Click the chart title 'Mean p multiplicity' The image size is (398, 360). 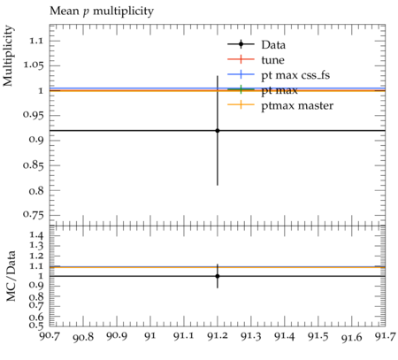pyautogui.click(x=102, y=11)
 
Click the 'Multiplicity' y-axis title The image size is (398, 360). pyautogui.click(x=8, y=56)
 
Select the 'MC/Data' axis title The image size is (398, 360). pyautogui.click(x=11, y=276)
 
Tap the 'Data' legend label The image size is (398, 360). pyautogui.click(x=273, y=45)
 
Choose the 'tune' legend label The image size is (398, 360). pyautogui.click(x=272, y=60)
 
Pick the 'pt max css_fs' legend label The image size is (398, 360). pyautogui.click(x=295, y=75)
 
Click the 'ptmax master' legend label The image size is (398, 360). pyautogui.click(x=297, y=105)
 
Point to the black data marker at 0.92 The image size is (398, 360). pyautogui.click(x=218, y=131)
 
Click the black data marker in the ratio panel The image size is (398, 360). pyautogui.click(x=218, y=276)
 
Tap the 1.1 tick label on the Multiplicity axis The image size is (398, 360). pyautogui.click(x=36, y=41)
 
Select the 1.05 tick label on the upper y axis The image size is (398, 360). pyautogui.click(x=34, y=65)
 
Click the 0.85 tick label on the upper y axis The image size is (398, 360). pyautogui.click(x=34, y=165)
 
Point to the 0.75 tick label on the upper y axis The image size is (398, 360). pyautogui.click(x=34, y=215)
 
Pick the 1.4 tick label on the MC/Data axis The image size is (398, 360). pyautogui.click(x=36, y=235)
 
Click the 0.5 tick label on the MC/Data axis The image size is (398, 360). pyautogui.click(x=36, y=326)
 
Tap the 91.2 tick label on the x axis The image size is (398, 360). pyautogui.click(x=218, y=336)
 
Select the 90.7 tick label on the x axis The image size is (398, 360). pyautogui.click(x=50, y=336)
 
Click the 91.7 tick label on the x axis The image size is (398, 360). pyautogui.click(x=385, y=336)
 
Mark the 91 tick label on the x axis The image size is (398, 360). pyautogui.click(x=150, y=336)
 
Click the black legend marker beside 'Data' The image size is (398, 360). pyautogui.click(x=241, y=44)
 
